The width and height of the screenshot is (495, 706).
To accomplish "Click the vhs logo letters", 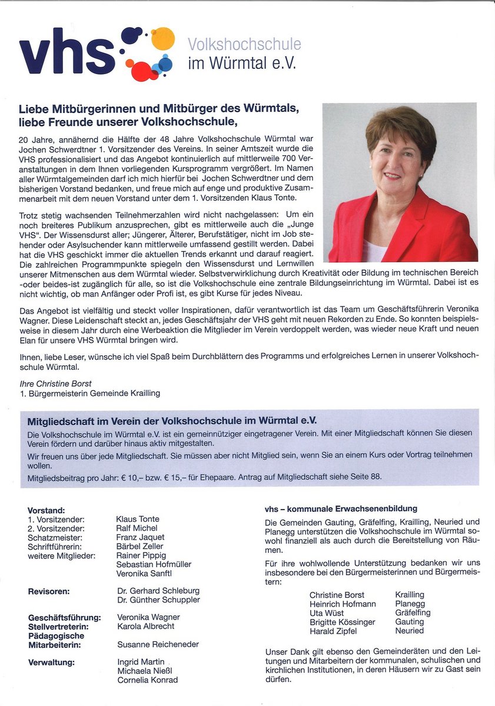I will (67, 54).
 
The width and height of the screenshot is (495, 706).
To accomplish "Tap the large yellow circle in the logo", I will (163, 38).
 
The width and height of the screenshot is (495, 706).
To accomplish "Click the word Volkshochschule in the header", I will (244, 44).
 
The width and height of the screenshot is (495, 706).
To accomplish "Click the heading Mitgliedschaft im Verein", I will (172, 421).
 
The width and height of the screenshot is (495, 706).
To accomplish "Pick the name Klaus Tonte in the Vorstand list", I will (138, 519).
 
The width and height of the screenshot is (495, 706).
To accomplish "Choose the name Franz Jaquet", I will (141, 537).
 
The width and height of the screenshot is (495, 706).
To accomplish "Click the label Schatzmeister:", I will (55, 537).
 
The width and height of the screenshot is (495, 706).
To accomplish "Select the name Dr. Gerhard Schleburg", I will (158, 591).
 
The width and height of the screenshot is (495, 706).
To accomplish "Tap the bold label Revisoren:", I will (49, 591).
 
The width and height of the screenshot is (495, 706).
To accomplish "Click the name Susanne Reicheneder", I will (158, 644).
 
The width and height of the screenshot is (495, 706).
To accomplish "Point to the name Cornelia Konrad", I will (147, 680).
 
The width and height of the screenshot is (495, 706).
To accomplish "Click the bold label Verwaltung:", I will (52, 662).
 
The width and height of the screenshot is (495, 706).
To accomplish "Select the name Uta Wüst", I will (327, 612).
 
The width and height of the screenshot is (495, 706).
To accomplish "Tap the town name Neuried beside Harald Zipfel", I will (409, 631).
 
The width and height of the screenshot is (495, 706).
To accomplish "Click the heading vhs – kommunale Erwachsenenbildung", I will (341, 508).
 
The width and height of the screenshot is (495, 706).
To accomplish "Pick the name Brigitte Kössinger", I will (342, 622).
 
